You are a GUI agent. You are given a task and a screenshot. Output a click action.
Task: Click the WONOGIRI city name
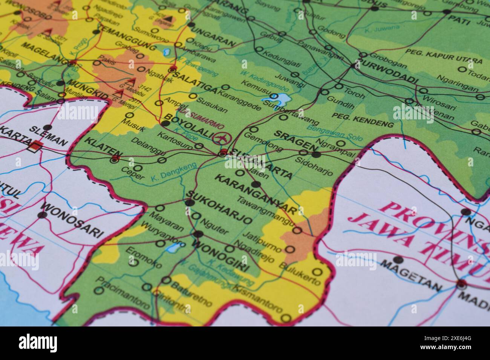pos(220,256)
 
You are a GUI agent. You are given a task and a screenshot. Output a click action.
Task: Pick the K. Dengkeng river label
pos(174,172)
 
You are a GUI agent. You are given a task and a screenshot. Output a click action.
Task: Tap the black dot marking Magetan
pos(398,259)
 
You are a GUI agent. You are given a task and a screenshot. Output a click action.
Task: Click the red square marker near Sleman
pos(36,146)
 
